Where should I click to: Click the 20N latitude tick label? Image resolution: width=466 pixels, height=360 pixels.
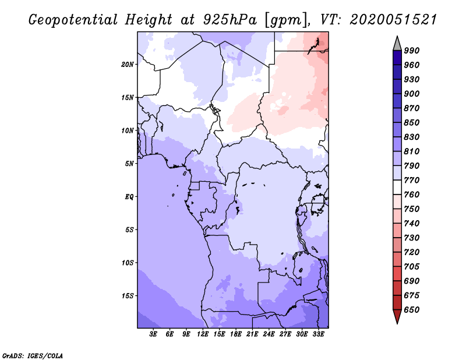pyautogui.click(x=128, y=64)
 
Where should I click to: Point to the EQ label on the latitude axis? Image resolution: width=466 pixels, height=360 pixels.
pyautogui.click(x=129, y=196)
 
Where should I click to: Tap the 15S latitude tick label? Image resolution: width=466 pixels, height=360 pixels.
pyautogui.click(x=128, y=295)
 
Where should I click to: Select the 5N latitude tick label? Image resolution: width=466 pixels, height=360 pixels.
pyautogui.click(x=129, y=164)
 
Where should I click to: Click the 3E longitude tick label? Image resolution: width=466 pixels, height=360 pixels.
pyautogui.click(x=154, y=334)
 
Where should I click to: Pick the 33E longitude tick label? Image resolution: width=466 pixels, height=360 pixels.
pyautogui.click(x=318, y=334)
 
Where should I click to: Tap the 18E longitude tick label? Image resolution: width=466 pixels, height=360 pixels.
pyautogui.click(x=236, y=334)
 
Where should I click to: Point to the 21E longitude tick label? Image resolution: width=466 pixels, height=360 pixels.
pyautogui.click(x=252, y=334)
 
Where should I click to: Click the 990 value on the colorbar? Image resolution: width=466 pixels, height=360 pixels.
pyautogui.click(x=412, y=51)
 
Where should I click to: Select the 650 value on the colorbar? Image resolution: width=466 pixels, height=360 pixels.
pyautogui.click(x=412, y=310)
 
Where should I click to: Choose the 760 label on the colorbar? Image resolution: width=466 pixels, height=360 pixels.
pyautogui.click(x=412, y=195)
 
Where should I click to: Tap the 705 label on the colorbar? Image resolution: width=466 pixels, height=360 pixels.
pyautogui.click(x=412, y=267)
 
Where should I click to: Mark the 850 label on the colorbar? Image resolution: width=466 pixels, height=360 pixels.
pyautogui.click(x=412, y=123)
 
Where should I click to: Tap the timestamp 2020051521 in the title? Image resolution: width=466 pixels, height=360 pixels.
pyautogui.click(x=393, y=19)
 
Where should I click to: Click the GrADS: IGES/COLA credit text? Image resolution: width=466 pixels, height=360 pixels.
pyautogui.click(x=33, y=355)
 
